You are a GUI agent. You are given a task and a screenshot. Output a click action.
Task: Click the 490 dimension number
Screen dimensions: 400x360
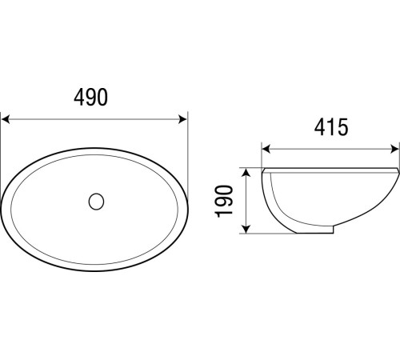tap(90, 97)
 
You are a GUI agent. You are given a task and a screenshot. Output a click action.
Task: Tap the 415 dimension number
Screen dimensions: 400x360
tap(331, 127)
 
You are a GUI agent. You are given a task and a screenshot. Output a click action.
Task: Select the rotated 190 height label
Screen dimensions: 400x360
tap(224, 201)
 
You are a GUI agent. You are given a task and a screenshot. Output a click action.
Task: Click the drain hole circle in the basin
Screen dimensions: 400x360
tap(96, 202)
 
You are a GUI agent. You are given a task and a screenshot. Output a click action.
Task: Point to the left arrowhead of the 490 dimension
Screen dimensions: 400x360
tap(6, 119)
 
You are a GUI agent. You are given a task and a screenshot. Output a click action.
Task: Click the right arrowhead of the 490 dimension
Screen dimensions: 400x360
tap(182, 119)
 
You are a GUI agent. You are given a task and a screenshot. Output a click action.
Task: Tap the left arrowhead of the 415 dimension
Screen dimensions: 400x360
tap(266, 150)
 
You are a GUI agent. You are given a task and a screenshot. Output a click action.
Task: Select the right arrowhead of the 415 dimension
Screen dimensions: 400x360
tap(394, 150)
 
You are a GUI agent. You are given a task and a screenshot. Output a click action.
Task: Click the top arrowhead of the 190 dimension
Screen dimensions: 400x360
tap(246, 172)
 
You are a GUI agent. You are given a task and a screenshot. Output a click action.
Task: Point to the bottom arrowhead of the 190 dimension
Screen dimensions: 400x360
tap(246, 229)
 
